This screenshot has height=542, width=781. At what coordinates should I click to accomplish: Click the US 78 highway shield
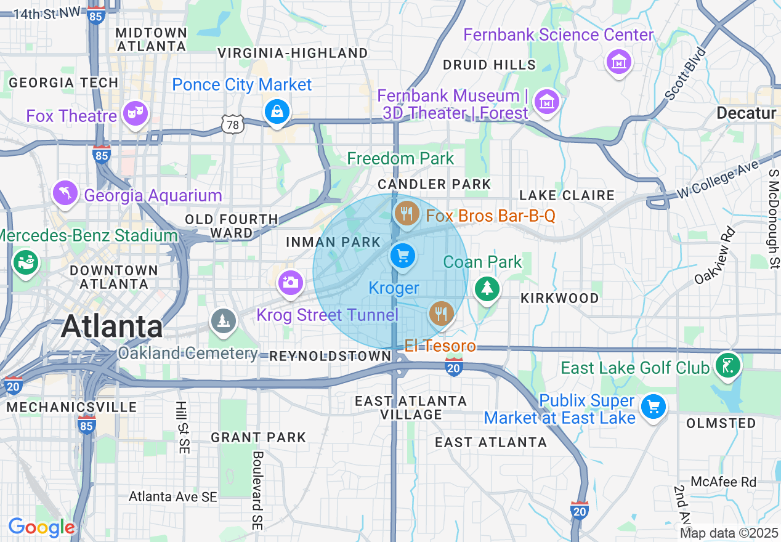234,125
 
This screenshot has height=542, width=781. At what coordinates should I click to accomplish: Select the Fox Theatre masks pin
135,113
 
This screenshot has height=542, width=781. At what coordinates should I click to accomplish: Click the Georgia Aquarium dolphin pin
65,192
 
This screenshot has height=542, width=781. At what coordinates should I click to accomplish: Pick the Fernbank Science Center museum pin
619,62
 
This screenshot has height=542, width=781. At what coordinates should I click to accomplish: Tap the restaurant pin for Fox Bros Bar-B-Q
405,214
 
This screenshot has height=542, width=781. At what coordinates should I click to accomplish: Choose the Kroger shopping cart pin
403,255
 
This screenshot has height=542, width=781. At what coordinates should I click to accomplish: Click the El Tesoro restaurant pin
441,313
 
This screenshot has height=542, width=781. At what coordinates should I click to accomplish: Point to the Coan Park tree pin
487,288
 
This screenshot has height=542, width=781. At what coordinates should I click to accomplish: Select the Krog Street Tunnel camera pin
290,282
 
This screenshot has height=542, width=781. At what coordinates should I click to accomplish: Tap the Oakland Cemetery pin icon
222,320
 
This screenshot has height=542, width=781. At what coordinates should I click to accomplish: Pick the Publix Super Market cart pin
653,407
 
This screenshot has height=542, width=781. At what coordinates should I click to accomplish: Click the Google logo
41,528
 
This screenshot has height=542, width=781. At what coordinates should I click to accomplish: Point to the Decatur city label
746,113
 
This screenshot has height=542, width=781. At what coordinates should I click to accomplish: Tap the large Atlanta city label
111,326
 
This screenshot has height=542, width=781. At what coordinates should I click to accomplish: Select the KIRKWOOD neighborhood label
559,298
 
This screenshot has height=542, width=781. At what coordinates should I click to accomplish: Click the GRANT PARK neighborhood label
258,437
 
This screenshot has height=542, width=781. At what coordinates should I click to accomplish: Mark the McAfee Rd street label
723,482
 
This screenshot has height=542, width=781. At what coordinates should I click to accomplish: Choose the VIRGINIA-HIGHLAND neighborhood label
293,53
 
